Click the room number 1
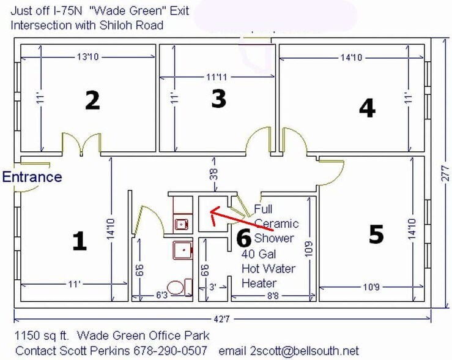[79, 241]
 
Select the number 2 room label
[92, 100]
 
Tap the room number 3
[218, 99]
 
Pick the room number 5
[376, 234]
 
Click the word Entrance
[32, 177]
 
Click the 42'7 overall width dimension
[221, 318]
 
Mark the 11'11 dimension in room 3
[217, 77]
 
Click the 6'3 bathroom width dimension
[161, 296]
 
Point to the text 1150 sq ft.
[40, 336]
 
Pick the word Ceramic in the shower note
[276, 223]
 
